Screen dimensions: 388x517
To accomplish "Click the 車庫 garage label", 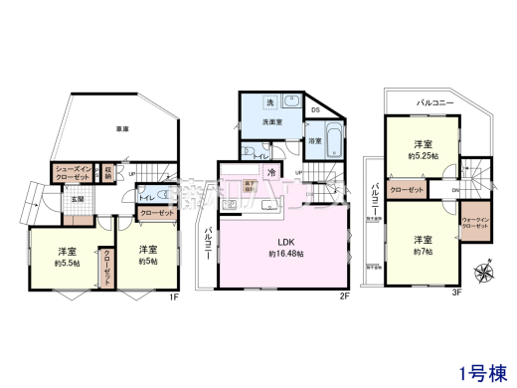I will [x=123, y=127].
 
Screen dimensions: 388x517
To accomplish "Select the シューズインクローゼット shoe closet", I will [x=75, y=172].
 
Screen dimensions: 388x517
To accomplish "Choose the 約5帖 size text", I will [x=148, y=261].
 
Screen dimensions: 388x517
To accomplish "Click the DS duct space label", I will [x=314, y=109].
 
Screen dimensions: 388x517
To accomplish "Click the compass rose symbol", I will [x=485, y=270].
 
